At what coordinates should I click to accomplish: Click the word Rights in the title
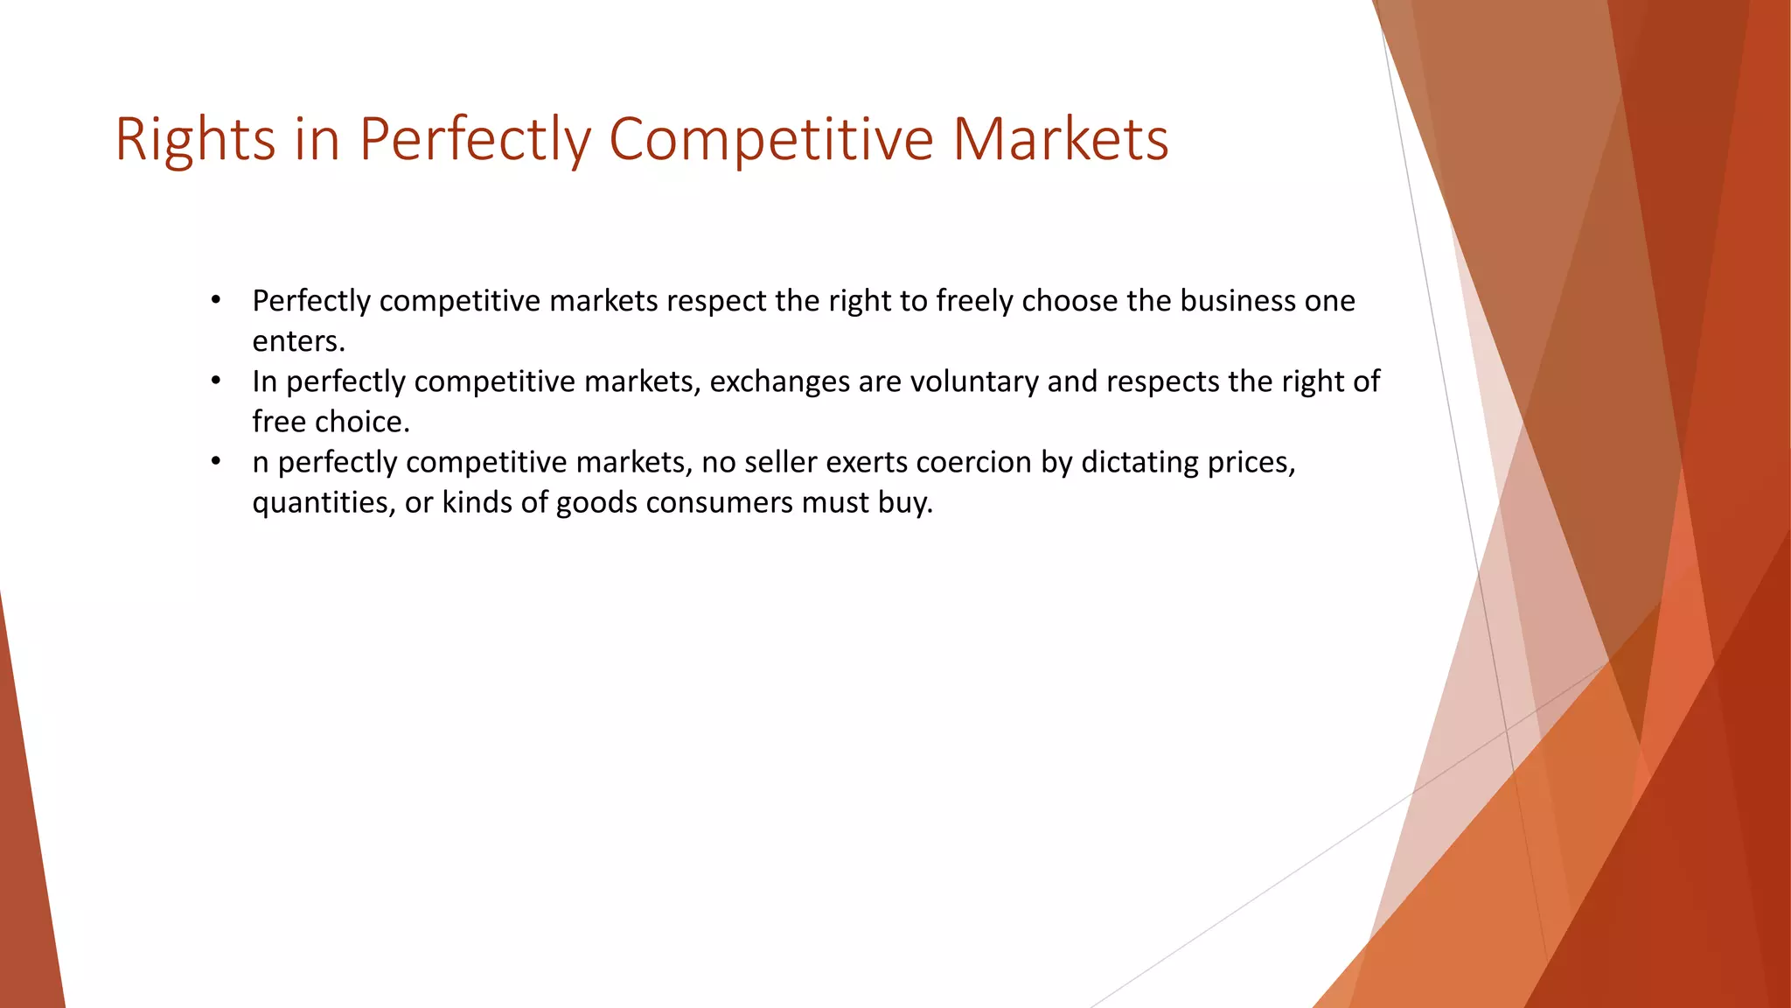click(x=195, y=140)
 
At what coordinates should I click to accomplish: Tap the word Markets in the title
click(x=1060, y=140)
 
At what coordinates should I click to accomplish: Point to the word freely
click(x=974, y=301)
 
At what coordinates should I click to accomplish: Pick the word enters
click(x=298, y=341)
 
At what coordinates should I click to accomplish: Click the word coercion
click(x=973, y=462)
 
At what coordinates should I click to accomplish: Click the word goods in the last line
click(x=596, y=502)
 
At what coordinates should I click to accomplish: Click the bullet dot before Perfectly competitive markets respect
click(x=216, y=301)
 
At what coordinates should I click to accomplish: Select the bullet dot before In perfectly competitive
click(x=216, y=381)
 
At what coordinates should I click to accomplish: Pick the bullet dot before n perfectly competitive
click(x=216, y=462)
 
